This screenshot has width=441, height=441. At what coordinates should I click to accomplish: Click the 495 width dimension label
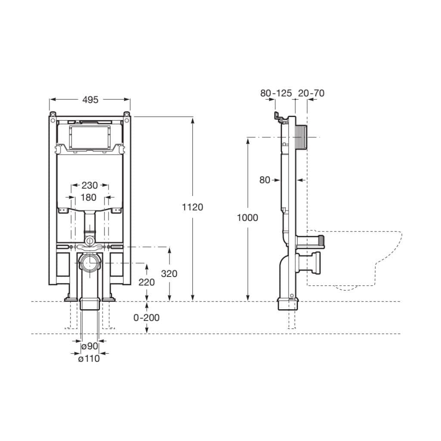pyautogui.click(x=90, y=99)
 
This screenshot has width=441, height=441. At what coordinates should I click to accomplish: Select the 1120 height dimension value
pyautogui.click(x=192, y=207)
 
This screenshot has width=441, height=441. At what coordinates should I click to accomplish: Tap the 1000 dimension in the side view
pyautogui.click(x=248, y=218)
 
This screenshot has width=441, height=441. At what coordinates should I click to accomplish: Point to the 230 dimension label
pyautogui.click(x=90, y=186)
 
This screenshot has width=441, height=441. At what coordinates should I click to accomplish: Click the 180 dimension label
pyautogui.click(x=89, y=198)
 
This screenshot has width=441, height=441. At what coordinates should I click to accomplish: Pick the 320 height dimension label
pyautogui.click(x=169, y=273)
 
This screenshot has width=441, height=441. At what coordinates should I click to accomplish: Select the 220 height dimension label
pyautogui.click(x=146, y=283)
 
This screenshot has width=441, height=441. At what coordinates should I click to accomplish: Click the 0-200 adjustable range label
pyautogui.click(x=146, y=318)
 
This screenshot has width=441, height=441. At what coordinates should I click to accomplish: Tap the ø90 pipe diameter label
pyautogui.click(x=90, y=346)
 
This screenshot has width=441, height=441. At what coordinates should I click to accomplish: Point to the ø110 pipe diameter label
pyautogui.click(x=89, y=358)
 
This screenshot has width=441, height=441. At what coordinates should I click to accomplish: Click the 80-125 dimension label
pyautogui.click(x=276, y=93)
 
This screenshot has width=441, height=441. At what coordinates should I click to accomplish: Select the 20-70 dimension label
pyautogui.click(x=311, y=93)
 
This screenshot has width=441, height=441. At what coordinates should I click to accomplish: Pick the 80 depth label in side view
pyautogui.click(x=264, y=180)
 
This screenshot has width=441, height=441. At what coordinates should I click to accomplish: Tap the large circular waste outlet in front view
pyautogui.click(x=90, y=263)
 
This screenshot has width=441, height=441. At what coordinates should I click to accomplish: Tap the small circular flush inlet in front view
pyautogui.click(x=90, y=239)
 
